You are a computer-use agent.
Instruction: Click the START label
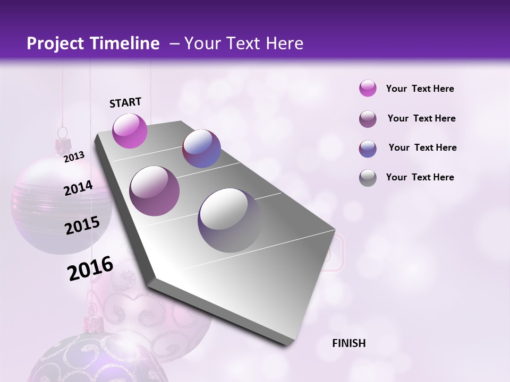point(125,102)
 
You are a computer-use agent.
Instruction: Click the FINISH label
point(348,343)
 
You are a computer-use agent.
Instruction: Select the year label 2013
point(74,157)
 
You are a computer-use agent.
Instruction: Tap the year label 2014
point(78,188)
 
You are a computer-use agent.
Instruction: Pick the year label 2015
point(82,225)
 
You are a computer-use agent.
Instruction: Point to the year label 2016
point(90,268)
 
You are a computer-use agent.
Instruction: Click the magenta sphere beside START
point(130,131)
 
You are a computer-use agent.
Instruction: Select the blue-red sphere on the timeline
point(201,149)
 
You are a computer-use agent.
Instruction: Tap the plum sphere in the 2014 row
point(155,191)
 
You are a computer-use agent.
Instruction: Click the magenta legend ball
point(368,88)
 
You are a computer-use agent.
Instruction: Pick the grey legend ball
point(368,177)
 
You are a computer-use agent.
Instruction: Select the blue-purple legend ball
point(368,148)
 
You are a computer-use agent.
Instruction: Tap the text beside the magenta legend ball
point(420,89)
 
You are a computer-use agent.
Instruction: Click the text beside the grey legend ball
point(420,177)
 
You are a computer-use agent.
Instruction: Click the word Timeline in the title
point(123,44)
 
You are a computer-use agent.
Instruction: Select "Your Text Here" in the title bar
point(243,44)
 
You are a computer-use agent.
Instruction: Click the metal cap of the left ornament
point(64,144)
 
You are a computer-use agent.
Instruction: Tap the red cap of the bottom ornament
point(92,322)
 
